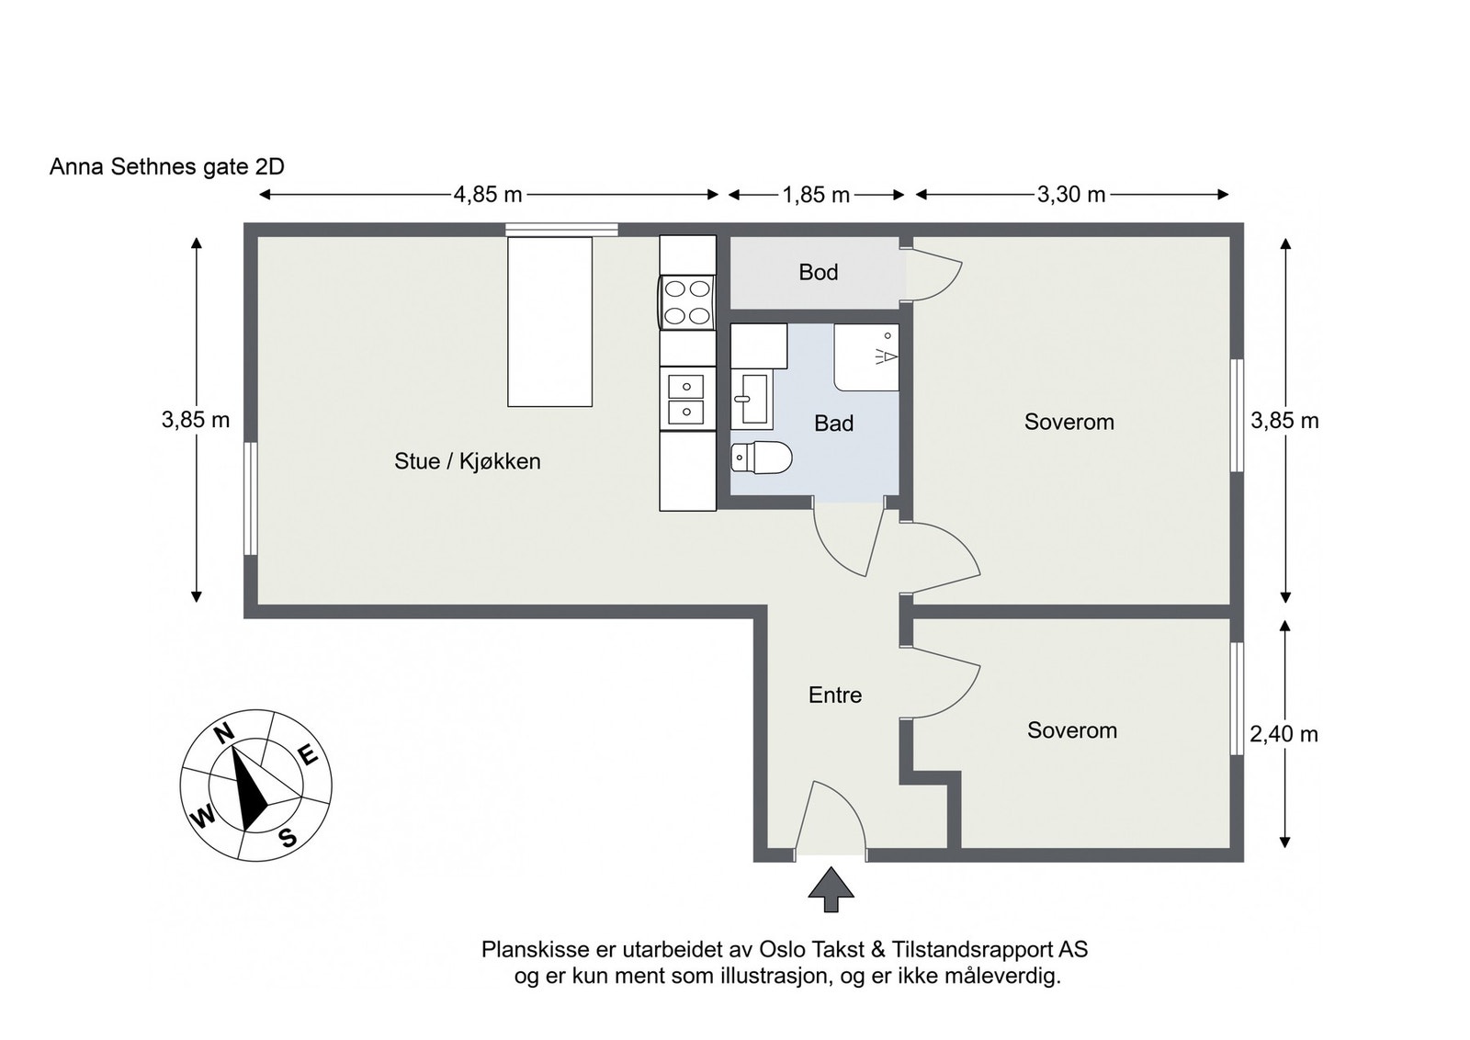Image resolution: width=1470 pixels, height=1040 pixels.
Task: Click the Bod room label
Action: (x=818, y=272)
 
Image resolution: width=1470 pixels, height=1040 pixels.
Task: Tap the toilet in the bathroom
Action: (x=763, y=457)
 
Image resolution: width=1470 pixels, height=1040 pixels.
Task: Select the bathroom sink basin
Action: (x=752, y=399)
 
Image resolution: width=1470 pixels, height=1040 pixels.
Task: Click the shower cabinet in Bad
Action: (x=866, y=357)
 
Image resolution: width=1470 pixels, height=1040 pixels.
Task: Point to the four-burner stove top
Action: (x=687, y=302)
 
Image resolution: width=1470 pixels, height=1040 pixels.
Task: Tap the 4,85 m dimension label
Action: (x=487, y=195)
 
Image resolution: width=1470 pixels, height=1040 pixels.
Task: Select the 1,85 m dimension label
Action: (x=816, y=195)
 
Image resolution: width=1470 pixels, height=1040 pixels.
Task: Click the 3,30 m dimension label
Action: (x=1071, y=195)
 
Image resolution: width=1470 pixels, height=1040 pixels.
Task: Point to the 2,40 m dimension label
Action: (x=1283, y=734)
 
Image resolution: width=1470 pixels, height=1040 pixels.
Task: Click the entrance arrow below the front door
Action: (x=831, y=889)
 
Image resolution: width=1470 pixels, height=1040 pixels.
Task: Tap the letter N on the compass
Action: (x=222, y=732)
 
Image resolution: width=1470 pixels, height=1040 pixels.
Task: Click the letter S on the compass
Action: (x=288, y=837)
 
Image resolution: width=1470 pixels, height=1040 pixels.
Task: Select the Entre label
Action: (x=835, y=695)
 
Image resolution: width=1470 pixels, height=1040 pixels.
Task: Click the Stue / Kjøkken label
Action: (x=467, y=461)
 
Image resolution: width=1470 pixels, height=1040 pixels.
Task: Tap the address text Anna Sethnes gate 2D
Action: (x=167, y=166)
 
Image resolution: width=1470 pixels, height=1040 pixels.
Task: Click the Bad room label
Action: (x=833, y=424)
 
